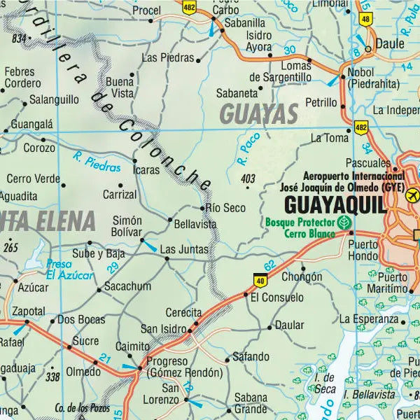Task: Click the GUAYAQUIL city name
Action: pyautogui.click(x=335, y=205)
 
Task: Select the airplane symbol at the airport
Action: pyautogui.click(x=412, y=194)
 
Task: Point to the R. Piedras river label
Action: pyautogui.click(x=97, y=162)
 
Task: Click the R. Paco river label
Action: pyautogui.click(x=248, y=148)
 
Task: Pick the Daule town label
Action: pyautogui.click(x=390, y=43)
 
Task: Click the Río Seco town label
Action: pyautogui.click(x=224, y=208)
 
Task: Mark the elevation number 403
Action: pyautogui.click(x=247, y=179)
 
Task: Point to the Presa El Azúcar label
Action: pyautogui.click(x=69, y=269)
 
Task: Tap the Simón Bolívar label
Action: pyautogui.click(x=127, y=225)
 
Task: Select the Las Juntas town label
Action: pyautogui.click(x=184, y=248)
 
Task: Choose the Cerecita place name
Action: pyautogui.click(x=183, y=313)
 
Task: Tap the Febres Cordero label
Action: pyautogui.click(x=23, y=77)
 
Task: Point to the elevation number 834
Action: pyautogui.click(x=18, y=38)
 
